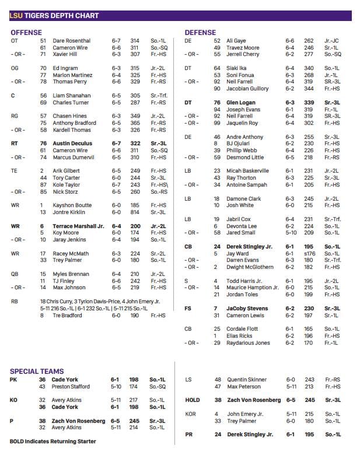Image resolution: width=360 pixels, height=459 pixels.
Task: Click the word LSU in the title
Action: tap(16, 16)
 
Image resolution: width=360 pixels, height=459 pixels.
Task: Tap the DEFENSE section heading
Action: tap(200, 33)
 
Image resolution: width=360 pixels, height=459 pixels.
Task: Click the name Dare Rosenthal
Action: tap(71, 41)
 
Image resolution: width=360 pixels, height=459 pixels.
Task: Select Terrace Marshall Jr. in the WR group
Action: tap(78, 226)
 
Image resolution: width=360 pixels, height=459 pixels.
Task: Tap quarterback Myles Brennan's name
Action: tap(71, 274)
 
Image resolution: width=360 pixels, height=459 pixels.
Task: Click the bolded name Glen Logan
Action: tap(241, 103)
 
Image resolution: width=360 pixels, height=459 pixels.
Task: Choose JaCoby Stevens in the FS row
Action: tap(248, 309)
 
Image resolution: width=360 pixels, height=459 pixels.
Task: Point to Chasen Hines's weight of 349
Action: tap(135, 116)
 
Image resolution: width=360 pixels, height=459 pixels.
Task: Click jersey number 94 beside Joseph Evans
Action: tap(217, 110)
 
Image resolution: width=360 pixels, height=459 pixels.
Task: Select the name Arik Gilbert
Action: tap(66, 171)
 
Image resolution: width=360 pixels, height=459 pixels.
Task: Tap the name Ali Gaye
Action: tap(236, 41)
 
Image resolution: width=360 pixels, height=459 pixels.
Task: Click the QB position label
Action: tap(14, 274)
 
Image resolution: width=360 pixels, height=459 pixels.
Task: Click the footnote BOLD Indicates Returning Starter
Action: tap(53, 442)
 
